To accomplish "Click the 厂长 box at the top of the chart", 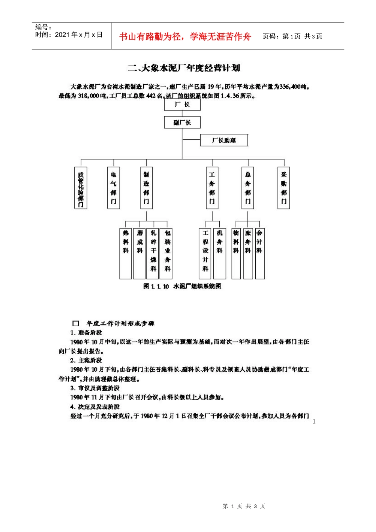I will pos(182,104).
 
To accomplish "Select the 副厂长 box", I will pos(182,122).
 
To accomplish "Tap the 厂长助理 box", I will pos(224,140).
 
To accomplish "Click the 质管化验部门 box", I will pos(81,188).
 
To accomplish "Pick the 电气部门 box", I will pos(114,188).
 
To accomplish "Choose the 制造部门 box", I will pos(146,188).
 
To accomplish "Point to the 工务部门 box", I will pos(212,188).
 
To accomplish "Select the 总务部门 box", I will pos(248,188).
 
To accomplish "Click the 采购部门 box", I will pos(284,188).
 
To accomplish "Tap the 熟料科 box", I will pos(125,253).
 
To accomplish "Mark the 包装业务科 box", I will pos(167,253).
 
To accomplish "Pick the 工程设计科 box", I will pos(205,253).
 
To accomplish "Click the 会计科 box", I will pos(260,253).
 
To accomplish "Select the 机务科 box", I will pos(220,253).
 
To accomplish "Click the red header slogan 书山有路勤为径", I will pos(185,37).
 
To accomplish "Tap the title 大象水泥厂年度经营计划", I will pos(184,68).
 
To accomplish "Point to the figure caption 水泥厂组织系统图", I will pos(182,286).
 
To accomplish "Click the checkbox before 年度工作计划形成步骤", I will pos(76,324).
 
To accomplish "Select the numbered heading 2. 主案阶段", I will pos(86,361).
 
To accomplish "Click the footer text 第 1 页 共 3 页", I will pos(244,506).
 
